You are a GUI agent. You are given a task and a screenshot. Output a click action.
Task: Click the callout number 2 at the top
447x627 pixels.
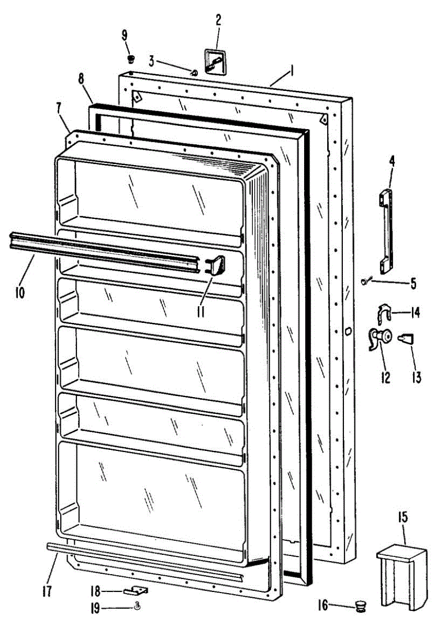click(x=218, y=20)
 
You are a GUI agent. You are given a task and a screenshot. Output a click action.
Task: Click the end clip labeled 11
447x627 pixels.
click(x=216, y=265)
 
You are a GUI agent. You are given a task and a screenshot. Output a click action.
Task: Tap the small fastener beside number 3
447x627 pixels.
click(x=195, y=72)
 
